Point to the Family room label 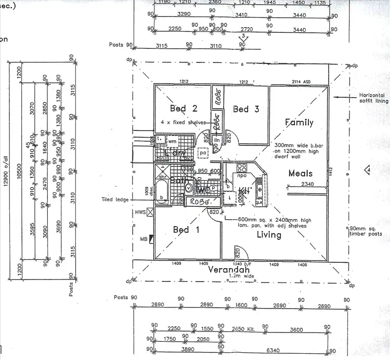[x=299, y=123]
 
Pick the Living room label [x=269, y=235]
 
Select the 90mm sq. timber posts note [x=368, y=231]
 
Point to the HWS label [x=140, y=211]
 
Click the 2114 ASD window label [x=304, y=82]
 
